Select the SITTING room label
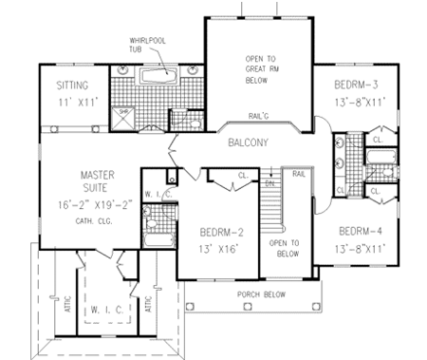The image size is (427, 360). tap(71, 84)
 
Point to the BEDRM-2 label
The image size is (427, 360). tap(222, 231)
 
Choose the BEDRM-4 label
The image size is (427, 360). tap(362, 231)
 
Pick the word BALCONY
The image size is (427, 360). tap(251, 142)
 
